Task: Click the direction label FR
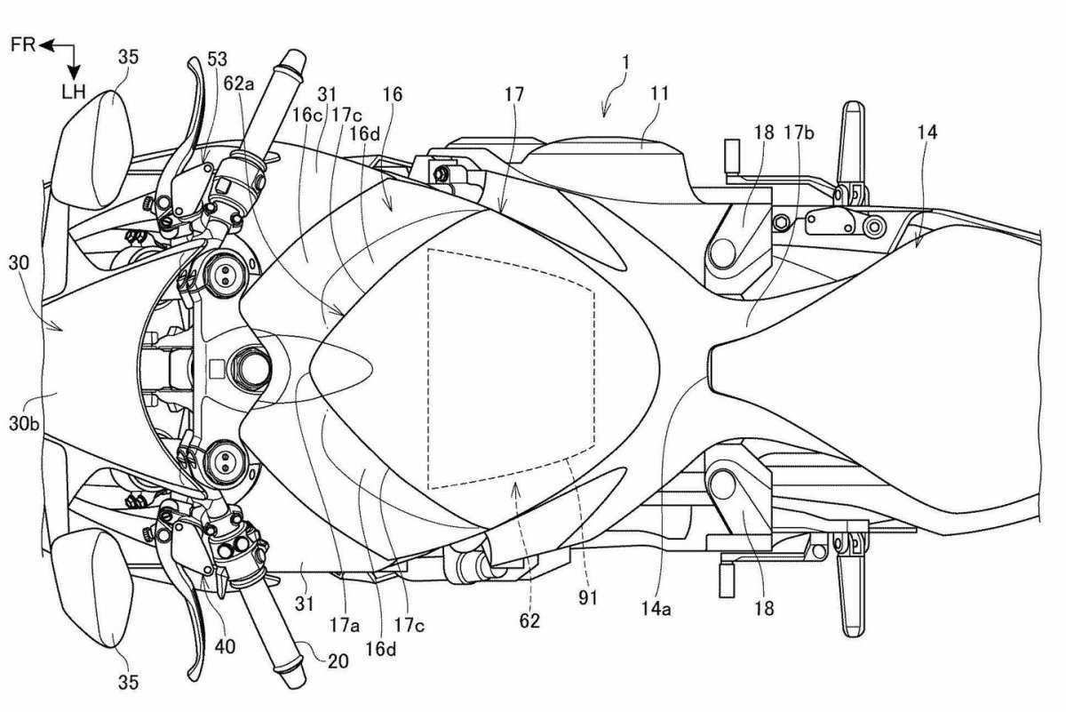click(23, 45)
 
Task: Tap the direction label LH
click(74, 92)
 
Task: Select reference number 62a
click(239, 84)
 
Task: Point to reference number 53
click(218, 60)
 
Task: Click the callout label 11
click(659, 94)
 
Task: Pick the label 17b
click(799, 132)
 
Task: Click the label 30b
click(24, 423)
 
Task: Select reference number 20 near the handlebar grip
click(338, 661)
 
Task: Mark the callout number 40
click(225, 647)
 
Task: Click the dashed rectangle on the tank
click(428, 369)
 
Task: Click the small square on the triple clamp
click(217, 368)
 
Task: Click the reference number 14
click(927, 132)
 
